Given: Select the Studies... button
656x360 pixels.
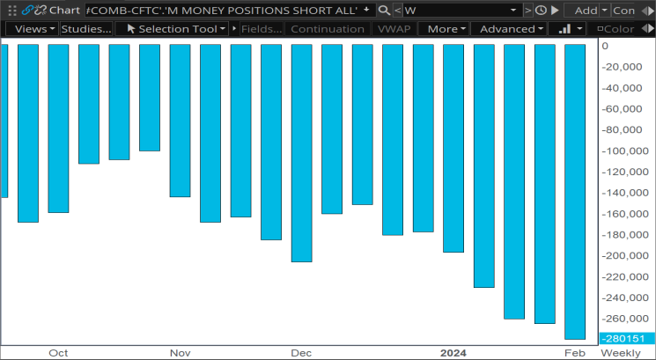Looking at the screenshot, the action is coord(86,29).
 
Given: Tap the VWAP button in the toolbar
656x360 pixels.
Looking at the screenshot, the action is coord(393,29).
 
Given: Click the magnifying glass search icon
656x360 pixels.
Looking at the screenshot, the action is coord(384,10).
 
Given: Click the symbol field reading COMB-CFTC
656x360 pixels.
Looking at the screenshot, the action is coord(227,11).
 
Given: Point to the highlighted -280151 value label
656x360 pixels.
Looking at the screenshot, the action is coord(627,339).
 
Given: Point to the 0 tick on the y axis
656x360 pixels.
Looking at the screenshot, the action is coord(605,46).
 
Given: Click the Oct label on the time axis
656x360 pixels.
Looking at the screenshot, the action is coord(58,353).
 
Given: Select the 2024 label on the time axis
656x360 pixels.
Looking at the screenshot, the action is coord(453,353).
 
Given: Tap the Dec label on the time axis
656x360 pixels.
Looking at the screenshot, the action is coord(301,353).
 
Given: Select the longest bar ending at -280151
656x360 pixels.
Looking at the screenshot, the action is coord(575,192).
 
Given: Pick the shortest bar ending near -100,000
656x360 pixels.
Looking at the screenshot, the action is coord(150,98).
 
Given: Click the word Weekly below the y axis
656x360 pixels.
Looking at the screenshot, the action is coord(621,353).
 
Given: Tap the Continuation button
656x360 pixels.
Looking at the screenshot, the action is coord(328,29).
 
